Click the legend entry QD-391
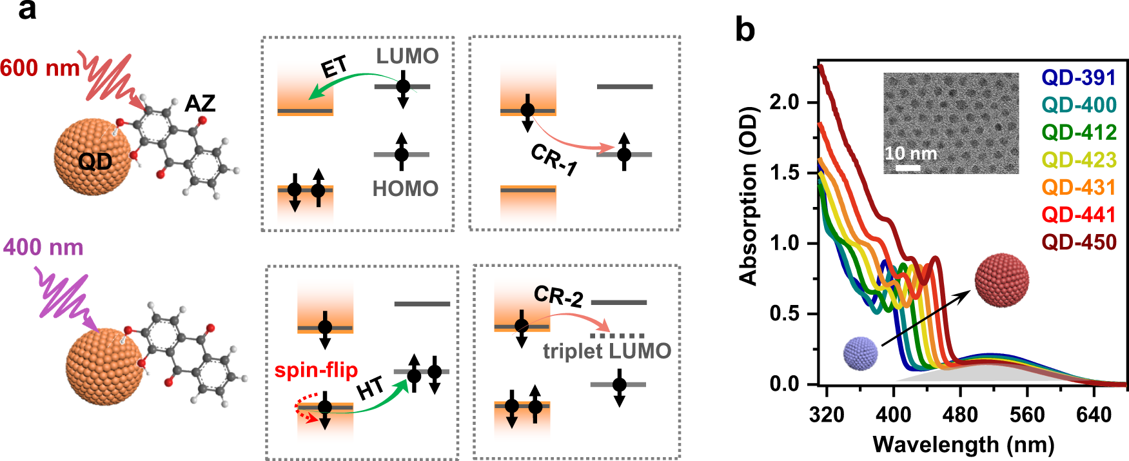pyautogui.click(x=1079, y=77)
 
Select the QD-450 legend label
pyautogui.click(x=1079, y=242)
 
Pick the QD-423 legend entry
pyautogui.click(x=1079, y=160)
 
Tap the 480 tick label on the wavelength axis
pyautogui.click(x=960, y=415)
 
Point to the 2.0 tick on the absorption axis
pyautogui.click(x=784, y=102)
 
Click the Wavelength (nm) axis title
pyautogui.click(x=963, y=445)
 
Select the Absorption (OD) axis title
pyautogui.click(x=749, y=195)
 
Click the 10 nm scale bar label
pyautogui.click(x=910, y=153)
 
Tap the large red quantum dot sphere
pyautogui.click(x=1001, y=280)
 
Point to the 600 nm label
pyautogui.click(x=40, y=68)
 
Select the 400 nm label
pyautogui.click(x=44, y=248)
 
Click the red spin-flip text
pyautogui.click(x=316, y=370)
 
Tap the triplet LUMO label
pyautogui.click(x=607, y=351)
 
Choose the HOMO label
pyautogui.click(x=405, y=189)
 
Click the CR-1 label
pyautogui.click(x=553, y=159)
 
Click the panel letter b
pyautogui.click(x=745, y=30)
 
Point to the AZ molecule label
pyautogui.click(x=200, y=103)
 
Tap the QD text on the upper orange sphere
pyautogui.click(x=95, y=161)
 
